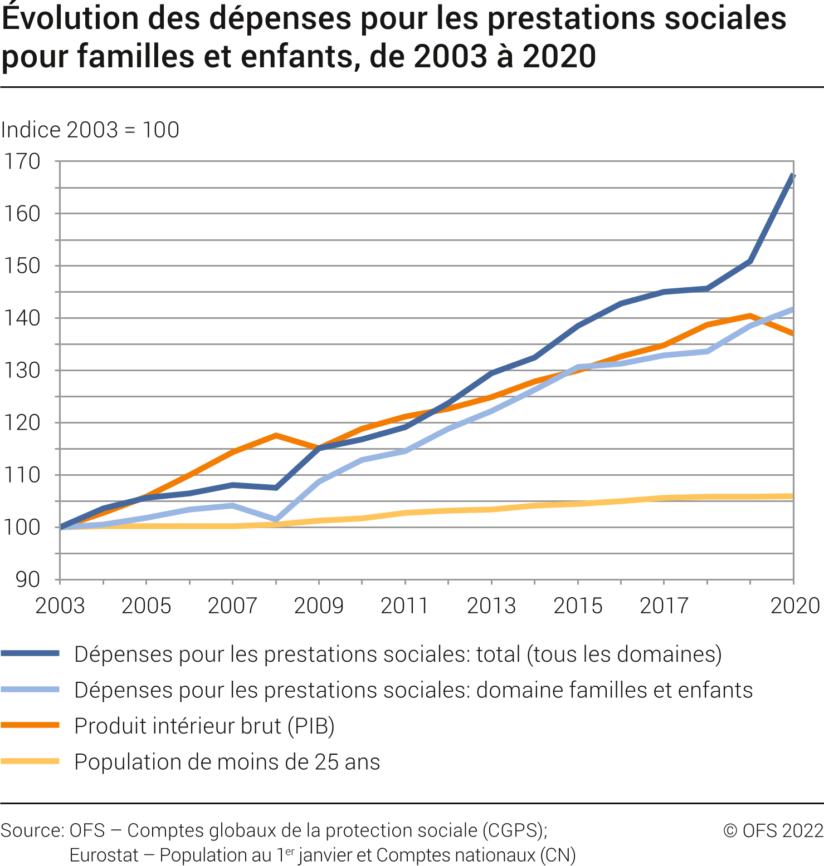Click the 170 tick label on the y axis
(22, 161)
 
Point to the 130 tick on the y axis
(22, 371)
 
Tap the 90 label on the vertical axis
(27, 580)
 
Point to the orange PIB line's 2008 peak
(276, 435)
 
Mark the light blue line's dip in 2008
(276, 520)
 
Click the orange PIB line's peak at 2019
(750, 316)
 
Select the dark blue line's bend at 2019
(750, 261)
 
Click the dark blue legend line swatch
(30, 654)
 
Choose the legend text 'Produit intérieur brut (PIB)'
(204, 726)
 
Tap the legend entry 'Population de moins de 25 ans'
(227, 762)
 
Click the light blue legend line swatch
(30, 690)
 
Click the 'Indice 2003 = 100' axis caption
(90, 130)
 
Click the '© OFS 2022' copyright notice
(773, 830)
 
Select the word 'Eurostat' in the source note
(104, 855)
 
